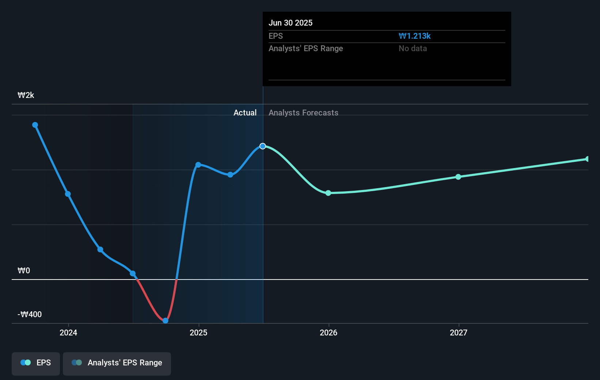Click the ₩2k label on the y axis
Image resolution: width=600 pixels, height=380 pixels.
[x=26, y=95]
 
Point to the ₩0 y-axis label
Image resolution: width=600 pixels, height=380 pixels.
[x=24, y=271]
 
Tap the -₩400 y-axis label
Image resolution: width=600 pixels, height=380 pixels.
[x=30, y=315]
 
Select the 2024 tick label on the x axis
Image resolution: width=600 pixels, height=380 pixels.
[x=68, y=332]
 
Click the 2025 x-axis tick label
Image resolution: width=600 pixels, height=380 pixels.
[x=198, y=332]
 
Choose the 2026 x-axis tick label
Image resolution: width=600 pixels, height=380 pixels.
[x=329, y=332]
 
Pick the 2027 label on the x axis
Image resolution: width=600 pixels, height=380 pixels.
[x=459, y=332]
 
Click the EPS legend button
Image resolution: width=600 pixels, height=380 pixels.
[x=36, y=363]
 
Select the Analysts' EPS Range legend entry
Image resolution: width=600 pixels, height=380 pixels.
[x=117, y=363]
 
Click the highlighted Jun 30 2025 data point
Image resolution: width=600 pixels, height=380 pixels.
[x=263, y=146]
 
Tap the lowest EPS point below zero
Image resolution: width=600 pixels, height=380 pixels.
[x=166, y=321]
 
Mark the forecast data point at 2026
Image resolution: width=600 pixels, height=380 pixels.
[x=328, y=193]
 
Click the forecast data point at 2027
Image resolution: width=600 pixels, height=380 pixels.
[x=458, y=177]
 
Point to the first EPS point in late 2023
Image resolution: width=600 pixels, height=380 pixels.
[x=35, y=125]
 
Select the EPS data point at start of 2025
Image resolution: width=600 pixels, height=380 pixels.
[x=198, y=165]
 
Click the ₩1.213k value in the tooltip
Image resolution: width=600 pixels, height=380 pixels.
[x=414, y=36]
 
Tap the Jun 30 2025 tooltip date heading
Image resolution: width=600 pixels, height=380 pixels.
[x=290, y=23]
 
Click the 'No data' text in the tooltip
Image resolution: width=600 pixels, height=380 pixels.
[x=413, y=49]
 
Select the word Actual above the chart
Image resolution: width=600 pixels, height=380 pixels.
[x=245, y=113]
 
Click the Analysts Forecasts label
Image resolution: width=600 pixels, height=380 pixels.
[x=303, y=113]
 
